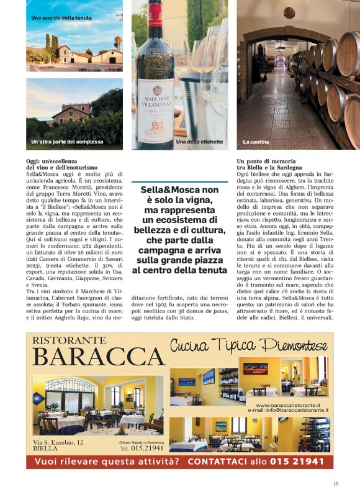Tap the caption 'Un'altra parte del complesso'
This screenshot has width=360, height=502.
pos(67,142)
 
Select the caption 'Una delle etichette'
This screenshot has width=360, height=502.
pos(199,142)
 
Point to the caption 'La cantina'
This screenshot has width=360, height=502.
pos(256,142)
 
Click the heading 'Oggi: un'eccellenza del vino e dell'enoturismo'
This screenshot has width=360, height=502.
pos(61,164)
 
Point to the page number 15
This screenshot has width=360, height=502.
pos(336,483)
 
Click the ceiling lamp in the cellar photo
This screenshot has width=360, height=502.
pos(289,12)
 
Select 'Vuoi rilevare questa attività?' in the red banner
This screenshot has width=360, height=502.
pos(107,462)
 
